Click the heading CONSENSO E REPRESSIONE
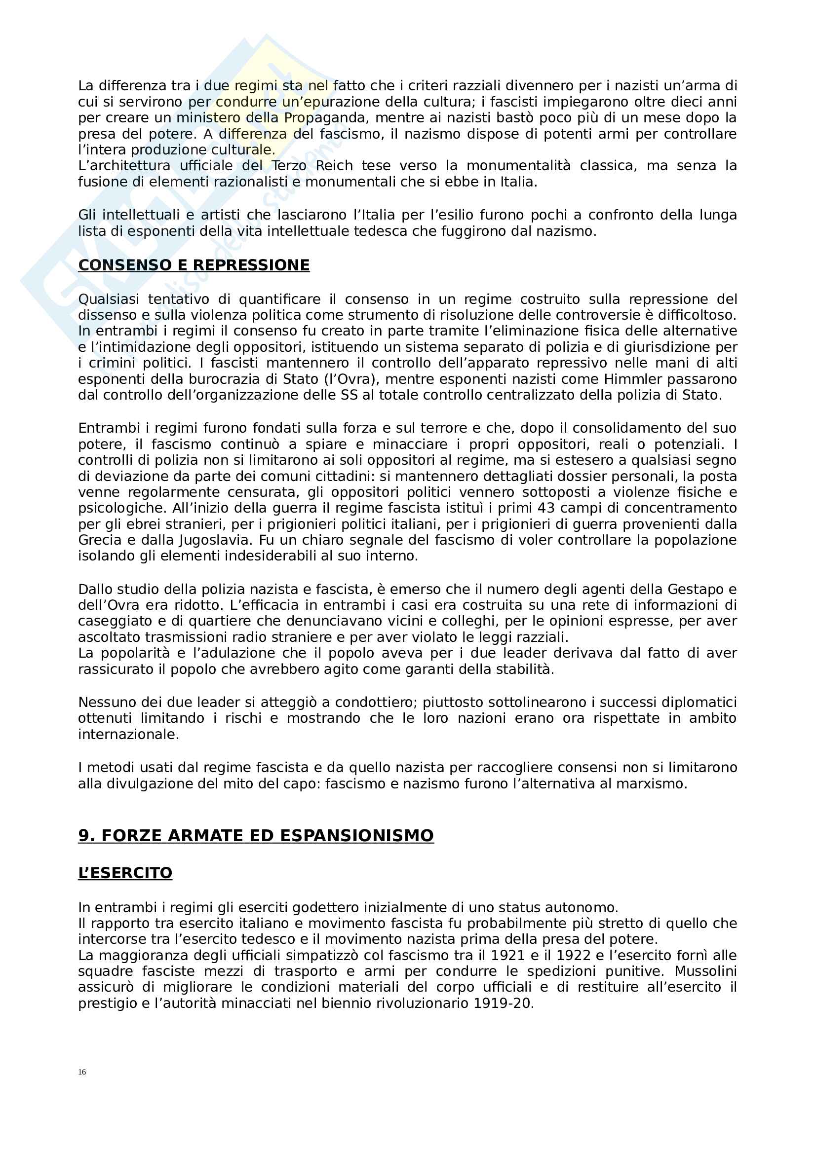point(194,265)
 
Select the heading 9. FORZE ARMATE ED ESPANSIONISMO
point(255,835)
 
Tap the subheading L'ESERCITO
point(125,873)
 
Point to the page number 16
point(82,1072)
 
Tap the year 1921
point(508,956)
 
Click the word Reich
point(334,166)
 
